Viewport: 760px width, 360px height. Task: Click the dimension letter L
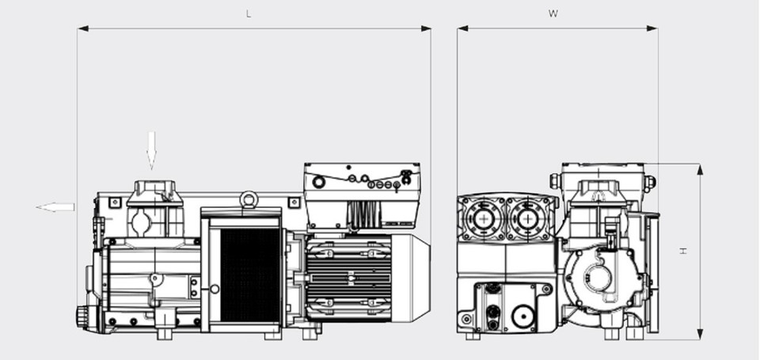tap(249, 14)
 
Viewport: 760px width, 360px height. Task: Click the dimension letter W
tap(553, 13)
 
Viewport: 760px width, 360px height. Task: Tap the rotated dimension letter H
tap(683, 251)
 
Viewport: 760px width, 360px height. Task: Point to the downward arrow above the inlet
tap(151, 150)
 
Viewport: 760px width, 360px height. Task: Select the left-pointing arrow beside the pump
tap(55, 207)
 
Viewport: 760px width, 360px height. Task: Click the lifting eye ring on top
tap(249, 199)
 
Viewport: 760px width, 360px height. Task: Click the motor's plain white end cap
tap(411, 278)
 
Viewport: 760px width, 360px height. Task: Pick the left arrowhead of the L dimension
tap(83, 28)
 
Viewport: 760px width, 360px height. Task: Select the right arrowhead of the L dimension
tap(426, 28)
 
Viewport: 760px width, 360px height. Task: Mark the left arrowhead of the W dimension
tap(463, 28)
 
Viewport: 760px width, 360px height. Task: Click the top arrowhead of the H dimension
tap(700, 169)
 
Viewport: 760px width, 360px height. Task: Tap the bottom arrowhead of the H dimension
tap(700, 334)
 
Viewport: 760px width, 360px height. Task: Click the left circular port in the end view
tap(483, 218)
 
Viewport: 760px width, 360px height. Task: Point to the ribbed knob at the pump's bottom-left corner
tap(82, 316)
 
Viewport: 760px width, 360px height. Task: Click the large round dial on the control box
tap(318, 182)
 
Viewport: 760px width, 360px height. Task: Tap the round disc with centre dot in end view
tap(522, 316)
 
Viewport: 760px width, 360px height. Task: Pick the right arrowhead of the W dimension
tap(652, 28)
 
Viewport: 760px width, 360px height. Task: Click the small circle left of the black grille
tap(215, 289)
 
